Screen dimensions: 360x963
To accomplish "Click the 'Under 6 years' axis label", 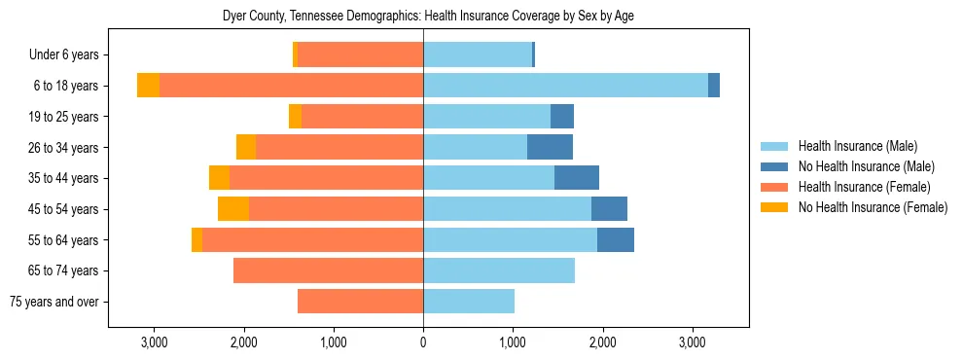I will tap(69, 55).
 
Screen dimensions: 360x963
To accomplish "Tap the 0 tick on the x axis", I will tap(423, 342).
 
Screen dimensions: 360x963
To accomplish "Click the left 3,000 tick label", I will tap(154, 342).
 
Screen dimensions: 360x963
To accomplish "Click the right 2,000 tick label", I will tap(602, 342).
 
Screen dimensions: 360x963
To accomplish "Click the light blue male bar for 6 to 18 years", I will tap(565, 86).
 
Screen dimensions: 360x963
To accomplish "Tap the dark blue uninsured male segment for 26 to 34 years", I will tap(550, 147).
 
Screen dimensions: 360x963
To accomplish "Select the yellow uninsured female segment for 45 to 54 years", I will tap(233, 209).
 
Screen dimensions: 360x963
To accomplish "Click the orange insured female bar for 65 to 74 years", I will tap(328, 270).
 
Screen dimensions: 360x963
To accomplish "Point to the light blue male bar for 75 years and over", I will tap(469, 302).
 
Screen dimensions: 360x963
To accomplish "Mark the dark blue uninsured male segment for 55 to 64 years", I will tap(616, 239).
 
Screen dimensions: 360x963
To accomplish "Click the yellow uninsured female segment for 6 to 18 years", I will tap(148, 86).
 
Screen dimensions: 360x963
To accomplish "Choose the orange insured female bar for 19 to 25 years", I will tap(362, 117).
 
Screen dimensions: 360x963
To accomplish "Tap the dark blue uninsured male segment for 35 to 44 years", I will tap(577, 178).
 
